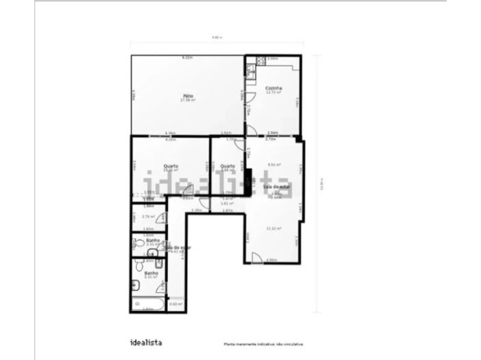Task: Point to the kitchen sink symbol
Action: (250, 72)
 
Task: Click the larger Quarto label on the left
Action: (171, 166)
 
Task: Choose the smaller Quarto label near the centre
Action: (228, 166)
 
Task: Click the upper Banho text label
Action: (153, 240)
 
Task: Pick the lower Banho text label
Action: (151, 273)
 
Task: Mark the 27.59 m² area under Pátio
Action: (188, 100)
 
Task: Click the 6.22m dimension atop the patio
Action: (186, 58)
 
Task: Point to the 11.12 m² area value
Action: (274, 228)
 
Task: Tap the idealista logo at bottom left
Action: (146, 342)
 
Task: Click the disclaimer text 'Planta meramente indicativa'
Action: (263, 344)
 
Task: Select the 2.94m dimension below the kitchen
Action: (272, 133)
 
